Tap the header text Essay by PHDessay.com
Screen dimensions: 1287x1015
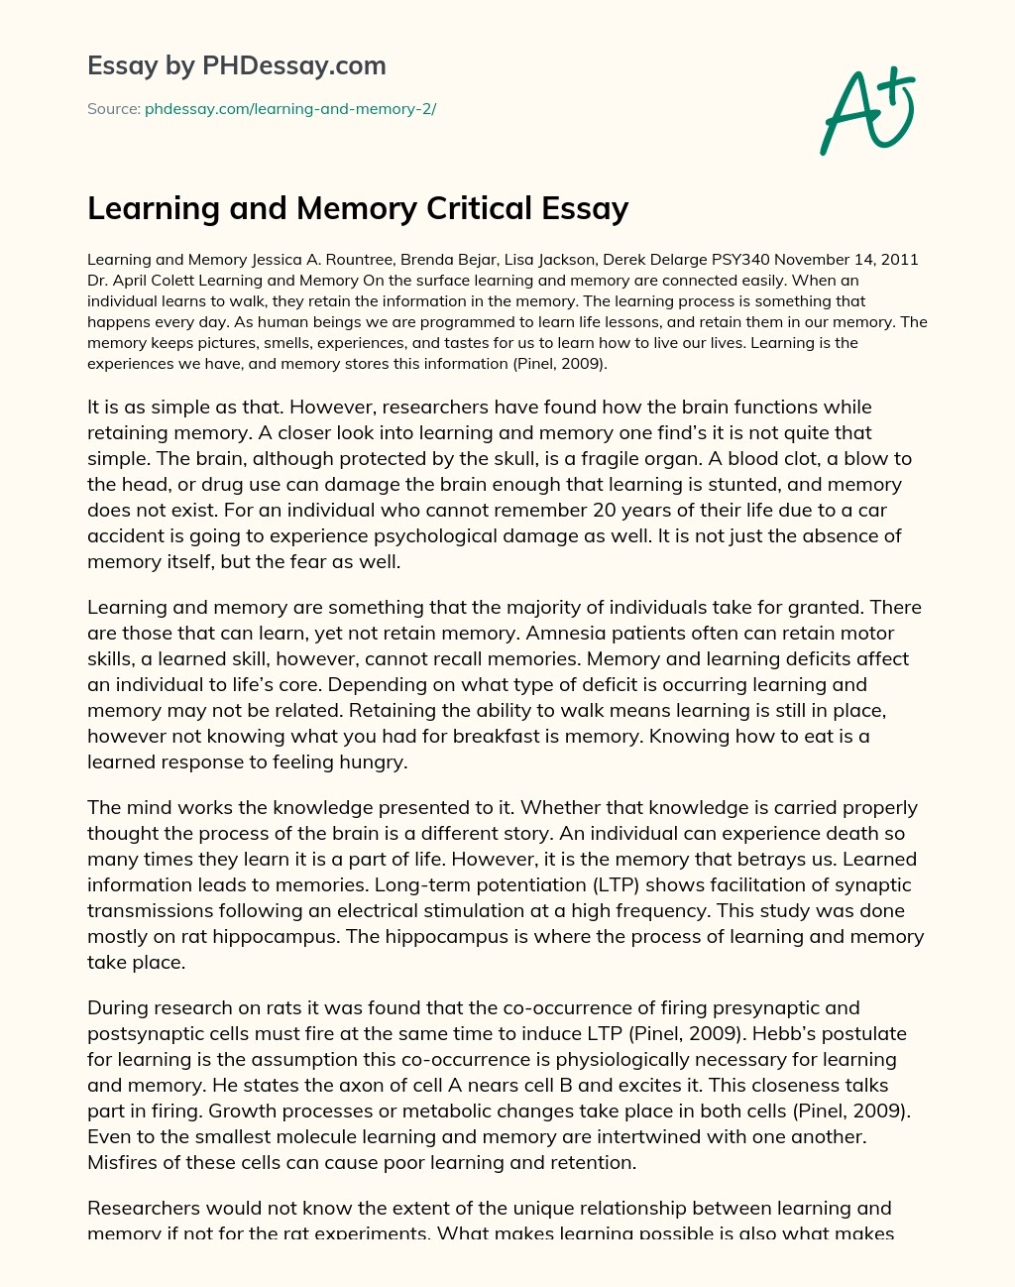pos(236,65)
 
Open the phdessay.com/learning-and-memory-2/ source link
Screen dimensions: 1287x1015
pos(290,109)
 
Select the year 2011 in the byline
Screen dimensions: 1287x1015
pos(898,260)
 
